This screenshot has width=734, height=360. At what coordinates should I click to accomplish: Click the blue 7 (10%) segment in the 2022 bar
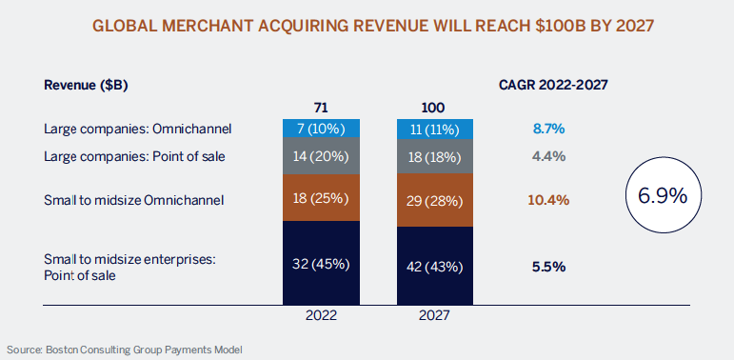pos(319,128)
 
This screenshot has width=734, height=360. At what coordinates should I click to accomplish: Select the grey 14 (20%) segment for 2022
pos(319,155)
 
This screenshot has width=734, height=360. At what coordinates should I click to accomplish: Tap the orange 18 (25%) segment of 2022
pos(319,197)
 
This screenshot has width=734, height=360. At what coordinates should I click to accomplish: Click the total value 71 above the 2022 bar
pos(319,108)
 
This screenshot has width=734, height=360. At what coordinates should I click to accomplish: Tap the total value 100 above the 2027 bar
pos(433,108)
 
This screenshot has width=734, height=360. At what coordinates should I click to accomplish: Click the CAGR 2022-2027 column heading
pos(553,85)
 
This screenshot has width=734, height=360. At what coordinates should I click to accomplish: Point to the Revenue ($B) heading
pos(86,85)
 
